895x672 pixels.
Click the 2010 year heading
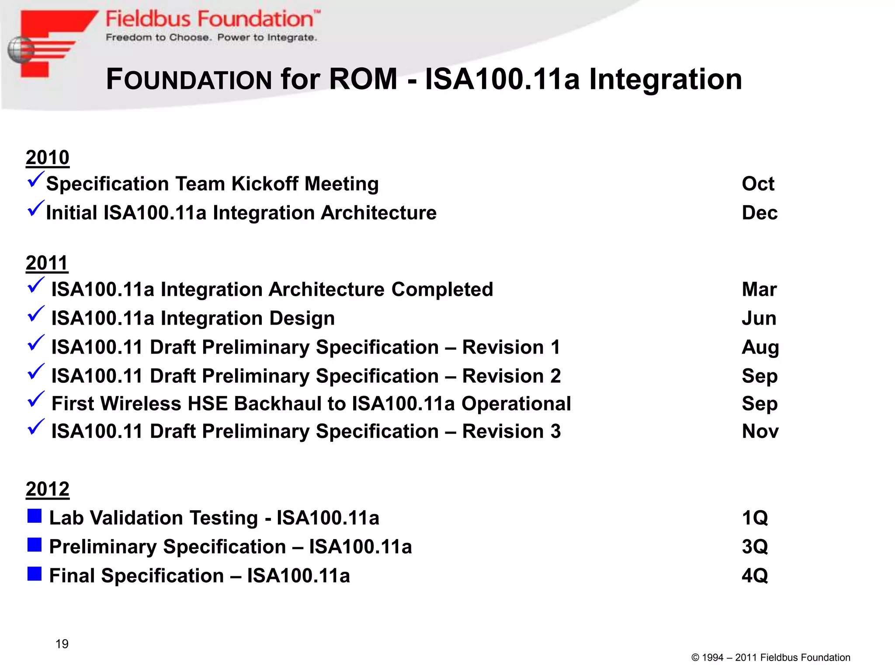(47, 157)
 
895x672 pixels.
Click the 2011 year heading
(47, 263)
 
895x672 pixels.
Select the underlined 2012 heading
(47, 489)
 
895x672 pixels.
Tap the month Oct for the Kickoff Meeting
(758, 184)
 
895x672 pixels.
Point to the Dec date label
(760, 213)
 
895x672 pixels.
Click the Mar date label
(759, 290)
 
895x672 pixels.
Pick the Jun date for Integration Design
(759, 318)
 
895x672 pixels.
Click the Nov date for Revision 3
(760, 431)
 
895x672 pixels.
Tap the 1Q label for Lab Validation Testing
(755, 518)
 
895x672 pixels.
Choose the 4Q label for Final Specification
(755, 576)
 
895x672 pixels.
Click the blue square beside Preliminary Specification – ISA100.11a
(35, 545)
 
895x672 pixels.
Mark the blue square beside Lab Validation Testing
(35, 516)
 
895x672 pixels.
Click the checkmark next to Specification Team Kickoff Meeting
(36, 179)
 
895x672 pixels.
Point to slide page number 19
(62, 644)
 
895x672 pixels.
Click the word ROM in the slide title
(363, 79)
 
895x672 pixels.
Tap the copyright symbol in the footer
(695, 658)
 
